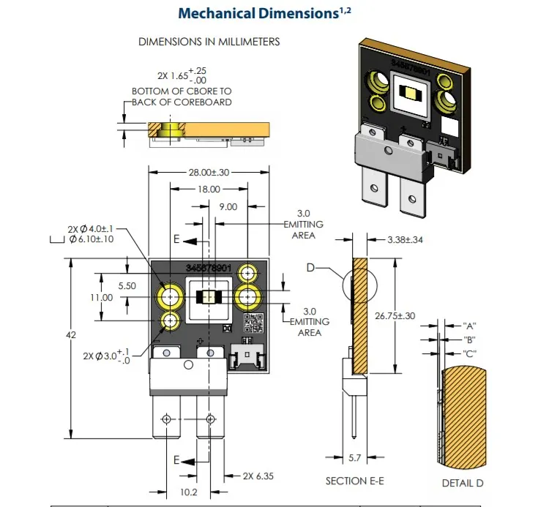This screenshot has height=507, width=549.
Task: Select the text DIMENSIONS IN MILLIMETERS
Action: point(209,42)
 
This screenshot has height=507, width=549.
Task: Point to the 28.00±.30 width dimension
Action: point(209,172)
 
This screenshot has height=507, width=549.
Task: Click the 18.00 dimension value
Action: point(209,189)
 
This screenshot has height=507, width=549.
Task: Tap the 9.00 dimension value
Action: point(228,207)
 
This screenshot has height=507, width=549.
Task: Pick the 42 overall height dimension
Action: point(71,335)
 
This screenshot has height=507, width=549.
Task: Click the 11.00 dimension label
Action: point(102,298)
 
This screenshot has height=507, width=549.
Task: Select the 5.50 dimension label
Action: point(127,286)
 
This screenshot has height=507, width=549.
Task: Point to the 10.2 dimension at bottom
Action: point(188,492)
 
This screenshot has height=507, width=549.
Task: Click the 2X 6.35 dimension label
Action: point(258,476)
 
